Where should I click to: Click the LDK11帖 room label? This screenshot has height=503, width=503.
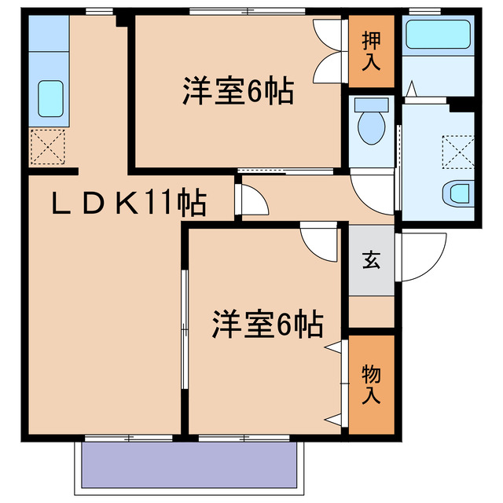point(130,204)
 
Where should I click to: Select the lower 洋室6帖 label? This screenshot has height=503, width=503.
point(268,324)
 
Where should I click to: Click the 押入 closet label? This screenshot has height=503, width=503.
point(371,52)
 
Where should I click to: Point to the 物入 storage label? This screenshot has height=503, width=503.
point(371,384)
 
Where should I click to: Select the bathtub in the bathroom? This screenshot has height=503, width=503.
point(439,35)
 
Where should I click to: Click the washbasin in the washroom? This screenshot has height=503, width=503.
point(459,192)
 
